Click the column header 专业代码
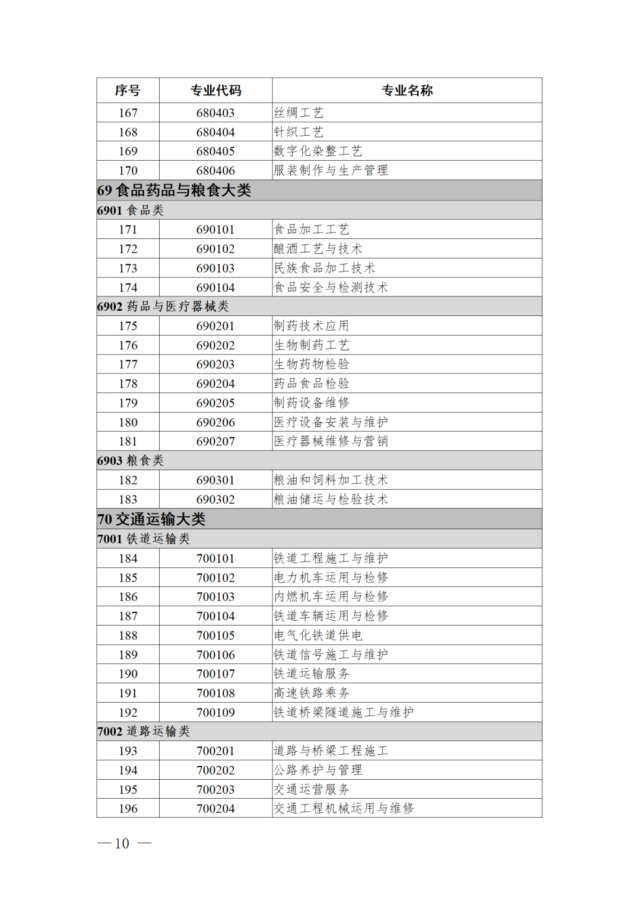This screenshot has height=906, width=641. pos(215,91)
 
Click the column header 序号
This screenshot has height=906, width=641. pos(128,91)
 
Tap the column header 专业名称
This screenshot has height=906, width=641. pos(407,91)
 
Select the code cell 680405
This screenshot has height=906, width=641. pos(215,151)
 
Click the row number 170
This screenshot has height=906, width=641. pos(128,171)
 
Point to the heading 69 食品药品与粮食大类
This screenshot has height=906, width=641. pos(174,190)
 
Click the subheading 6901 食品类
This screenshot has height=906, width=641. pos(131,210)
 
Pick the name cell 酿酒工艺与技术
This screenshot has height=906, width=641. pos(318,249)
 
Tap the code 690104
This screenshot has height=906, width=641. pos(215,288)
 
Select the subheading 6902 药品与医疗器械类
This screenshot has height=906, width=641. pos(163,307)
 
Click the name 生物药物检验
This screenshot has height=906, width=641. pos(312,364)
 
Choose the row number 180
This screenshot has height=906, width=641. pos(128,422)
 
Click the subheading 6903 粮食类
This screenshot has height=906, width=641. pos(131,461)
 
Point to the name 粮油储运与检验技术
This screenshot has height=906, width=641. pos(331,499)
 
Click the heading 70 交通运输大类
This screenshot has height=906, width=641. pos(152,519)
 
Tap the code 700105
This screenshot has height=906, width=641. pos(215,636)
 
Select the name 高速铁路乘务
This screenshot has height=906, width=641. pos(312,693)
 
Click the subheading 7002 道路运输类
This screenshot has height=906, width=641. pos(144,732)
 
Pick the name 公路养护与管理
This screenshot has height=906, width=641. pos(318,770)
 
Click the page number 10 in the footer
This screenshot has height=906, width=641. pos(122,844)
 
